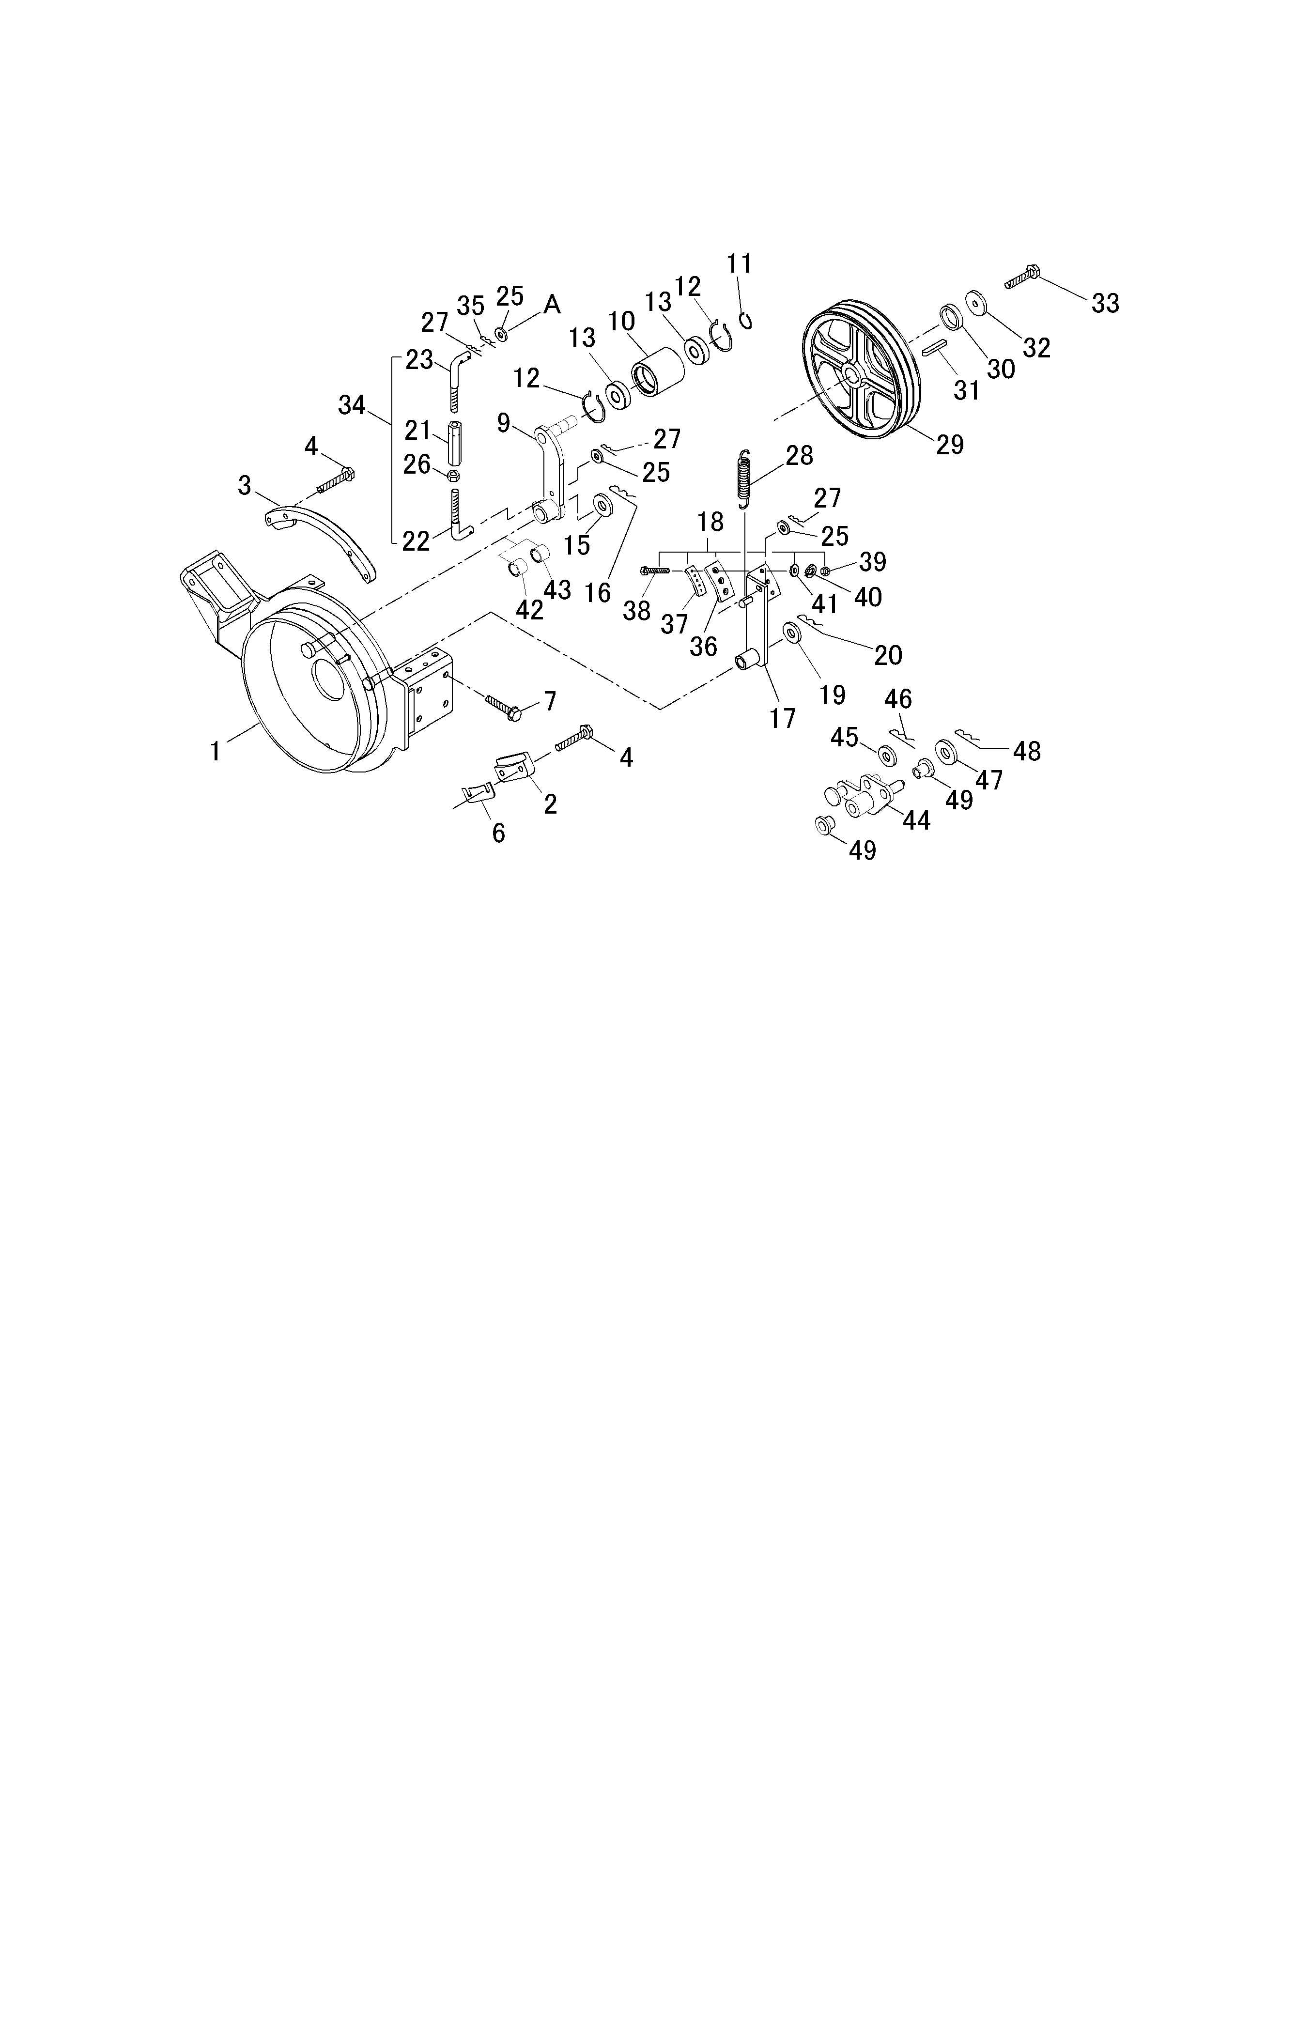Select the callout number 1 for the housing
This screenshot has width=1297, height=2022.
(x=216, y=751)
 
